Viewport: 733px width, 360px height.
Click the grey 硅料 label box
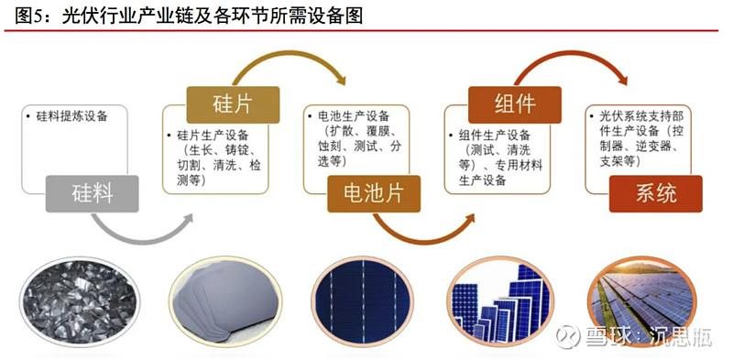pos(92,193)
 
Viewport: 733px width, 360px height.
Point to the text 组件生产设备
pos(495,136)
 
